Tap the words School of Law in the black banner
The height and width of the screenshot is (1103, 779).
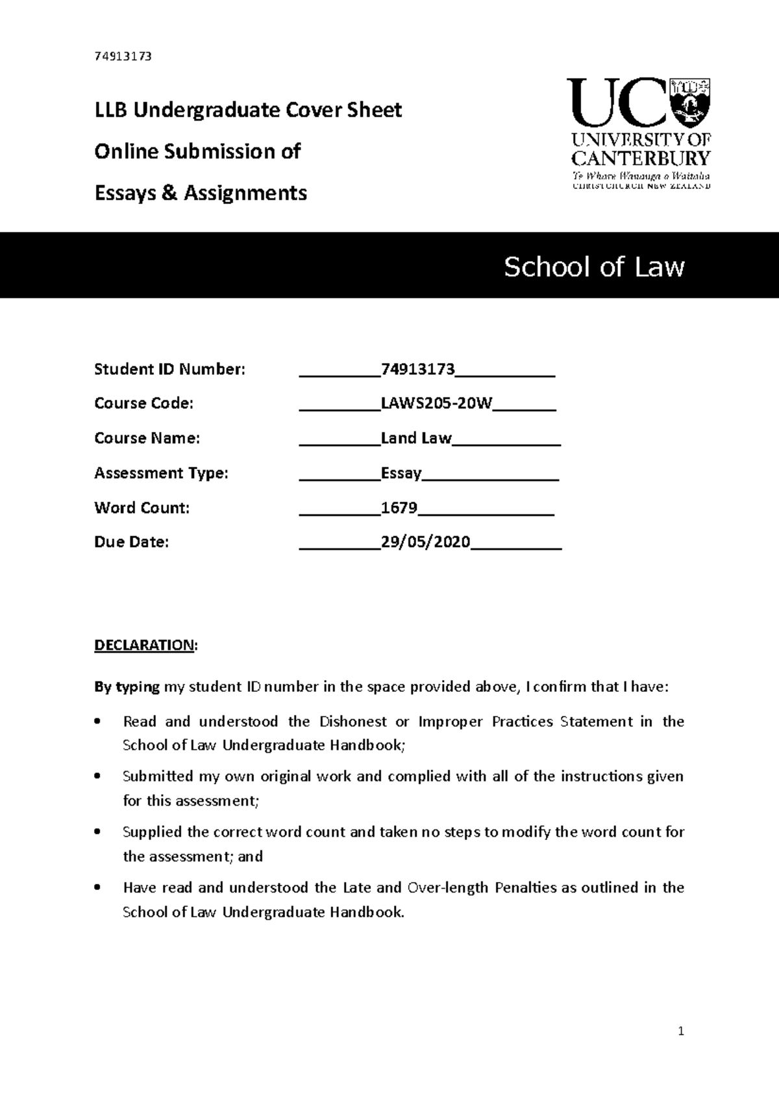(x=594, y=267)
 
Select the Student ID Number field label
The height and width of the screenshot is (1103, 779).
(x=170, y=370)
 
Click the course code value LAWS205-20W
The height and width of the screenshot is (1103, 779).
(x=436, y=404)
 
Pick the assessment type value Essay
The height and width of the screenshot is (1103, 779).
(x=401, y=474)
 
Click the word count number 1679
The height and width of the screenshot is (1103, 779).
(x=399, y=508)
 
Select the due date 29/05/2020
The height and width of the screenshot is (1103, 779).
(x=425, y=542)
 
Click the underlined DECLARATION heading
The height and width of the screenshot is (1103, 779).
(x=144, y=645)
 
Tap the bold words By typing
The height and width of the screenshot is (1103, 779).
(x=127, y=687)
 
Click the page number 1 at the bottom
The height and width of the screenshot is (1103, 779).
(x=680, y=1031)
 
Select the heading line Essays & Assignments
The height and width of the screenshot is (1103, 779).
(x=201, y=193)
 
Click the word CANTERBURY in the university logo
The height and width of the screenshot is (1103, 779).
(x=640, y=158)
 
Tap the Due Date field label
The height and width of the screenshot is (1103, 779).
(x=131, y=542)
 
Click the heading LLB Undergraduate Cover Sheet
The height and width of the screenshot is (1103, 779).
(x=248, y=110)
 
